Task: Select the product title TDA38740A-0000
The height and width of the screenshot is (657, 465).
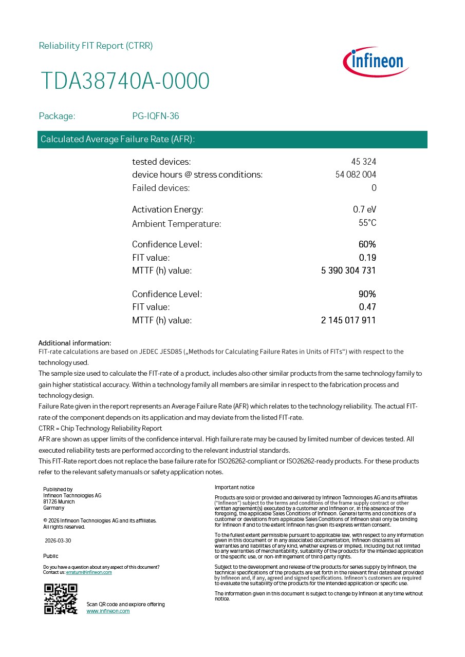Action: click(125, 81)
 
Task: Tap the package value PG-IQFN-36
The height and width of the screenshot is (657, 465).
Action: click(156, 116)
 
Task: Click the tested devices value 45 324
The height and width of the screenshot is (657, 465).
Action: click(363, 162)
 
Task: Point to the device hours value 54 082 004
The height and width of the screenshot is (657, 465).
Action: click(356, 175)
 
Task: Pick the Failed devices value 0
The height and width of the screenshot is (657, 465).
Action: click(374, 188)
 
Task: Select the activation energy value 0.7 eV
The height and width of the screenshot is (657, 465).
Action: click(364, 209)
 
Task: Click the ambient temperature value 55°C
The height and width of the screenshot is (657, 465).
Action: click(367, 223)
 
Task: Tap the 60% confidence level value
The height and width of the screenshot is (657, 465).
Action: click(367, 244)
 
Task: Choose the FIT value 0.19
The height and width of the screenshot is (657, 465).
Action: click(367, 258)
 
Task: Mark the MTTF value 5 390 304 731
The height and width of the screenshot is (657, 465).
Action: click(348, 270)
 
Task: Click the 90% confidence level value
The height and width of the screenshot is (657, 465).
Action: click(367, 294)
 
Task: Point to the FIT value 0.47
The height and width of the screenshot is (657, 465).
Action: click(367, 307)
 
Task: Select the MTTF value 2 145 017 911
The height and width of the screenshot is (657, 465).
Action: click(348, 320)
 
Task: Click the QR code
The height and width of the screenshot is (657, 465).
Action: click(61, 599)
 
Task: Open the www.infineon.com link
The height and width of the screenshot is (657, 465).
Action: click(108, 611)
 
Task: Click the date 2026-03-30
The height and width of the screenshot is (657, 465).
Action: click(58, 540)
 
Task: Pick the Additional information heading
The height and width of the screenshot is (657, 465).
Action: click(75, 343)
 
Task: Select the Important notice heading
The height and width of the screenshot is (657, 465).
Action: click(234, 487)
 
